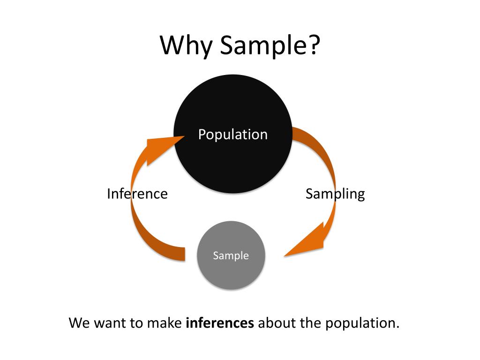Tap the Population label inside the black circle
232,135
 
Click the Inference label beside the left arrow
137,194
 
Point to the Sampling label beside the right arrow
335,194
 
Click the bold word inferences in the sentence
220,323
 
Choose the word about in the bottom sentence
277,323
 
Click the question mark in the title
314,46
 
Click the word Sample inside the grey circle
231,256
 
